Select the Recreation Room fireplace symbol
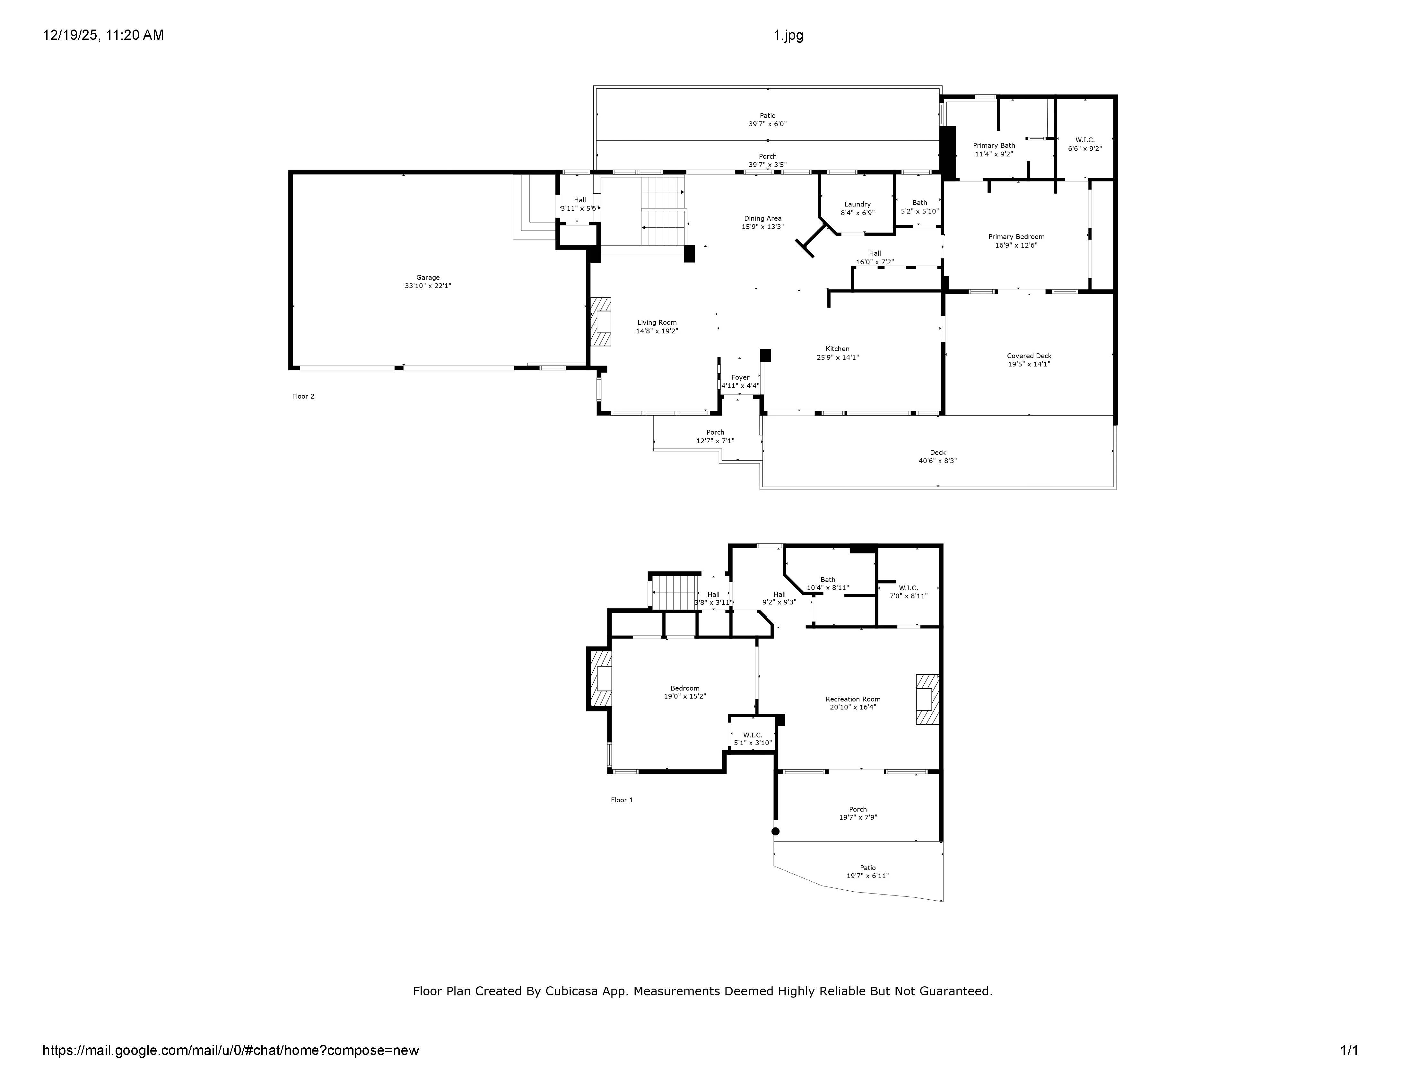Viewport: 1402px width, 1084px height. click(927, 699)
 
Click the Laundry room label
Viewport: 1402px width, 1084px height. click(858, 204)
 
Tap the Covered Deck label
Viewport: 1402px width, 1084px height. click(1029, 356)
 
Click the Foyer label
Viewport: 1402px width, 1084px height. click(740, 378)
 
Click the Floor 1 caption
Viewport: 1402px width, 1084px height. click(622, 800)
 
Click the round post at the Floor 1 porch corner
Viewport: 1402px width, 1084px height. click(775, 831)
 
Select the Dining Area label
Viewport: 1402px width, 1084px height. click(762, 218)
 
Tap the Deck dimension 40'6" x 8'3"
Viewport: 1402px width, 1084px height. click(938, 461)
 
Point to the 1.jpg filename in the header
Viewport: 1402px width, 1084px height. click(788, 35)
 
